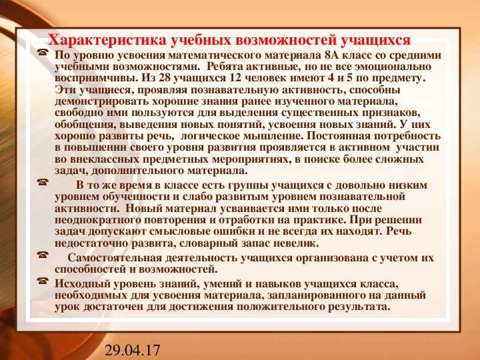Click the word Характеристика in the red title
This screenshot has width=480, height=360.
tap(107, 40)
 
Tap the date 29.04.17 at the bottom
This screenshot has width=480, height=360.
tap(132, 350)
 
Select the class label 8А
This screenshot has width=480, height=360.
tap(329, 55)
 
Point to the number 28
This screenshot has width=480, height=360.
tap(165, 78)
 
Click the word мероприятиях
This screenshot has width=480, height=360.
tap(255, 160)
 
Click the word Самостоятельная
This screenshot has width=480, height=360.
tap(115, 258)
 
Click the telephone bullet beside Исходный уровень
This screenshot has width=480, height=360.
tap(43, 281)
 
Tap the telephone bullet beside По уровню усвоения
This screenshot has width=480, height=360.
tap(43, 53)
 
